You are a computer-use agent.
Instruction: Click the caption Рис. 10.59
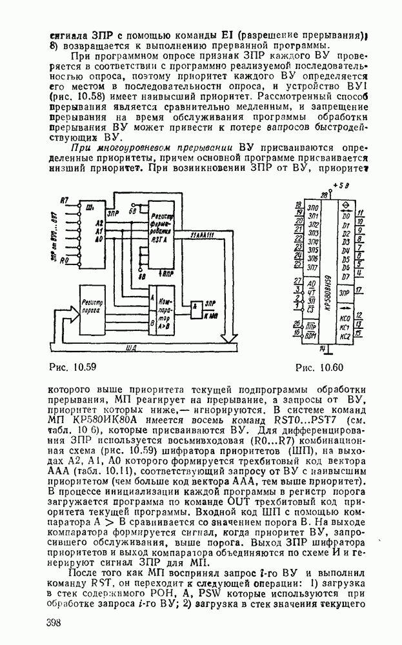[x=72, y=368]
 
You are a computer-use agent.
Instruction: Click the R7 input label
[x=65, y=201]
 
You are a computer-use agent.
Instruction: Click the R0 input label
[x=64, y=262]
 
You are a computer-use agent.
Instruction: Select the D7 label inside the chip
[x=346, y=277]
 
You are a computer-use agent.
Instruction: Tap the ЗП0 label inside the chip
[x=313, y=210]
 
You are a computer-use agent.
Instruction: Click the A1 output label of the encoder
[x=99, y=230]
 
